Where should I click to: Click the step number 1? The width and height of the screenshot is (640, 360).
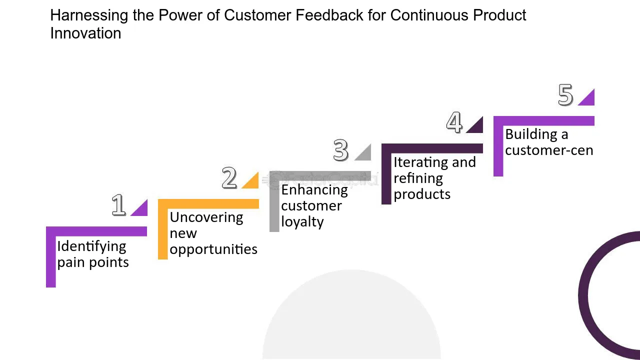(118, 205)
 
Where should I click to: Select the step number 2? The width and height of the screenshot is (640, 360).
(229, 178)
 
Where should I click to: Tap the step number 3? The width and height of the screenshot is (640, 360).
(341, 150)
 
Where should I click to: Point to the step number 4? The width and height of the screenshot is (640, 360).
(454, 122)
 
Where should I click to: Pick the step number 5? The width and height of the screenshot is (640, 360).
(565, 95)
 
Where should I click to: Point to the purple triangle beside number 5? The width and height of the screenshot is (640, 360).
(588, 99)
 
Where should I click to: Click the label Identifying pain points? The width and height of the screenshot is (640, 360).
(93, 254)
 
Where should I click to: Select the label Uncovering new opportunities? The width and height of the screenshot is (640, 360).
(213, 233)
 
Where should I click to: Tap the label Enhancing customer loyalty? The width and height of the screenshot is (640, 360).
(314, 205)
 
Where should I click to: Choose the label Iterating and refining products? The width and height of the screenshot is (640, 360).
(434, 178)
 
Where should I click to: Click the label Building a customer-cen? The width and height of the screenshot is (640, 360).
(549, 142)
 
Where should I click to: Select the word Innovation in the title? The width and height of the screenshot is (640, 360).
(85, 33)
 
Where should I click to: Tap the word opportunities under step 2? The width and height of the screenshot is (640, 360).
(213, 249)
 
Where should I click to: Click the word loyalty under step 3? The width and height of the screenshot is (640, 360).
(302, 222)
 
